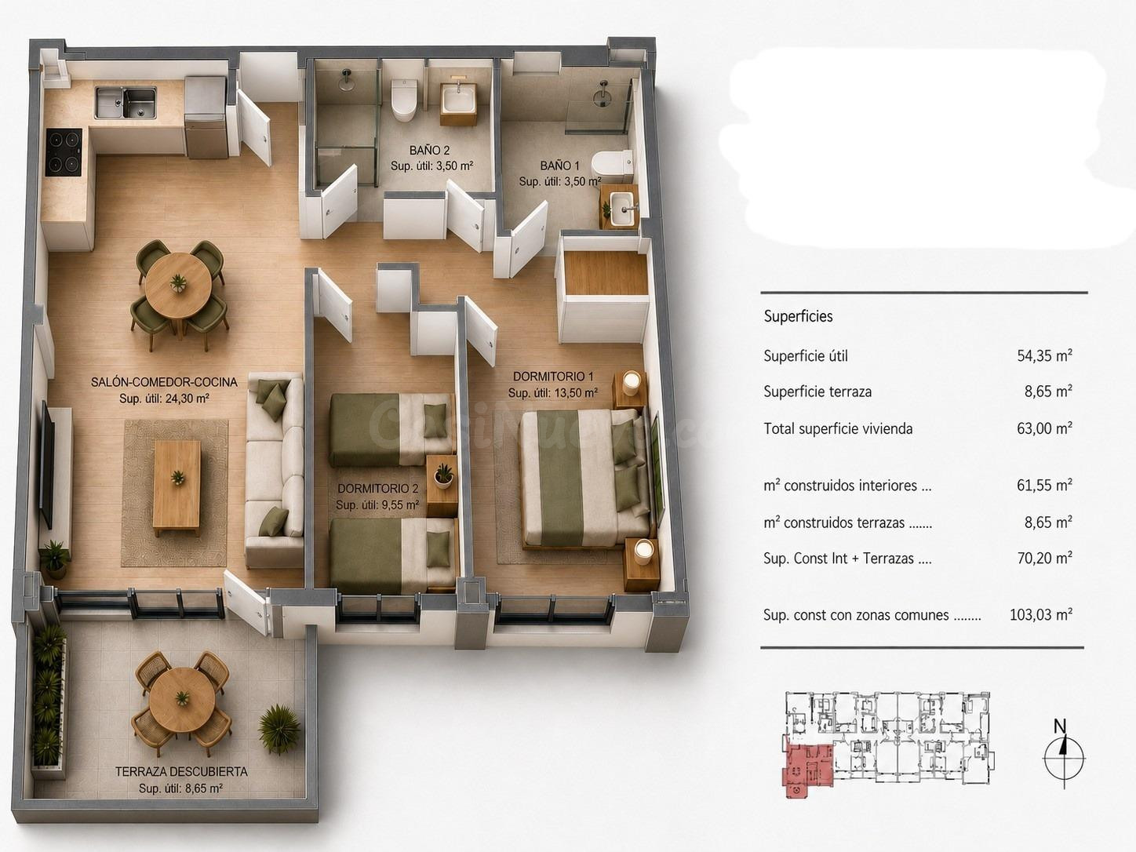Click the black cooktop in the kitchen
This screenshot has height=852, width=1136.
pos(64,152)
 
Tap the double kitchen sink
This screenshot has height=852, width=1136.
pos(126,103)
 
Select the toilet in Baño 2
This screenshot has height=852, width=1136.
pos(404,100)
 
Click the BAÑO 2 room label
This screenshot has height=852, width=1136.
pos(430,151)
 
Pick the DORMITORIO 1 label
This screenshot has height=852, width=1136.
pos(553,377)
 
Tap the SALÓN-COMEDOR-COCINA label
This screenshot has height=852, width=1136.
pos(164,382)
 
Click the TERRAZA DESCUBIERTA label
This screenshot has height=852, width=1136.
pos(181,772)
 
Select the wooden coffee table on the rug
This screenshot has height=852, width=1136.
pos(177,486)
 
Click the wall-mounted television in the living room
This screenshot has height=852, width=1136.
pos(48,464)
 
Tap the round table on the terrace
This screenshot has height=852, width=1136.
pos(182,699)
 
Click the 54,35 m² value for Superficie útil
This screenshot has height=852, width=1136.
pos(1044,356)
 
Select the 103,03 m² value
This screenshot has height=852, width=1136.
pos(1041,614)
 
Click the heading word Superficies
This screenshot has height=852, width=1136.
pos(798,316)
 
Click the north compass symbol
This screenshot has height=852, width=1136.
pos(1064,759)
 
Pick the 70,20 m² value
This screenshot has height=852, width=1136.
pos(1044,558)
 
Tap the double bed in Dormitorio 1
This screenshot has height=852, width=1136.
pos(584,478)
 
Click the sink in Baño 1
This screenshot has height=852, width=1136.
pos(622,208)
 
